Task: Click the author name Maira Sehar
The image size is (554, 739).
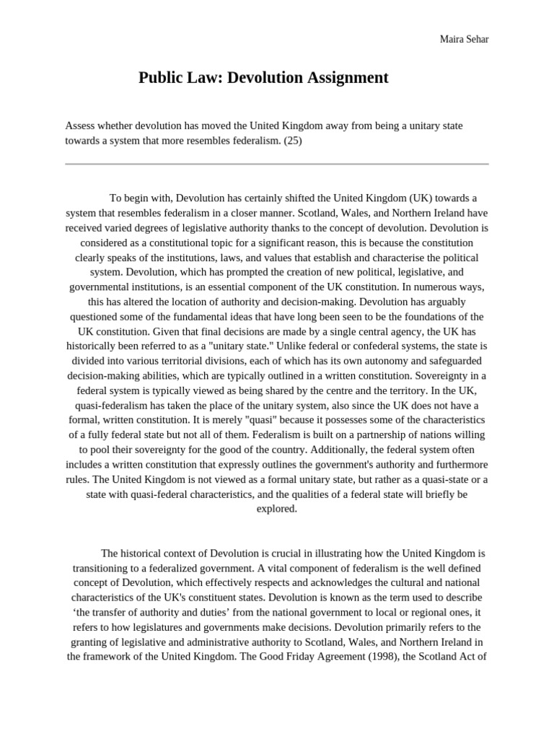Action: tap(464, 38)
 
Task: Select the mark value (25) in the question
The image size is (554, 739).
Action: tap(292, 140)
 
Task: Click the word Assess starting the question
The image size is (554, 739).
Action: tap(81, 126)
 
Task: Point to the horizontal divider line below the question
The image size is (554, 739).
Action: tap(277, 164)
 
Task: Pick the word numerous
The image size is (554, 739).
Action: tap(430, 287)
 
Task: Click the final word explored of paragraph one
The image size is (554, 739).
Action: tap(276, 509)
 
